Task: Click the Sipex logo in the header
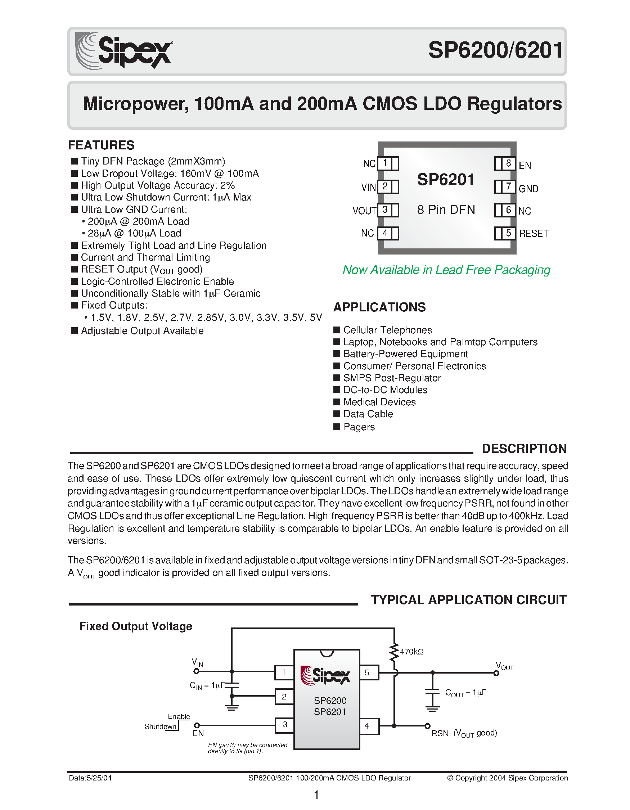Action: click(x=123, y=51)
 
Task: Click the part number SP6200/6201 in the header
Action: click(x=495, y=50)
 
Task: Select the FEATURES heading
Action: click(x=101, y=145)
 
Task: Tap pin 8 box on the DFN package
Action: click(x=508, y=163)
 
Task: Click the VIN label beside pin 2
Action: click(x=368, y=187)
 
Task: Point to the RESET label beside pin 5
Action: click(x=534, y=233)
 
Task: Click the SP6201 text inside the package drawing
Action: click(x=446, y=180)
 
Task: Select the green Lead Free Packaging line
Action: click(x=446, y=270)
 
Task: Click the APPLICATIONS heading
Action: click(x=379, y=307)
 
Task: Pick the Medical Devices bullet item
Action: click(x=379, y=402)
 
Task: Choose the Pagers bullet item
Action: click(x=359, y=427)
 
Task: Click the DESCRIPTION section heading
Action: click(x=524, y=449)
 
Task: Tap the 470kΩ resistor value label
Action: click(x=411, y=652)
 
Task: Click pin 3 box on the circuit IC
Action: click(x=284, y=725)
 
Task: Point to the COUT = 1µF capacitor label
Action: click(x=465, y=693)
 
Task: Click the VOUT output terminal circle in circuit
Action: click(x=496, y=673)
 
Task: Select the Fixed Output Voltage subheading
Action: click(x=136, y=626)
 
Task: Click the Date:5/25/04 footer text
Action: click(x=90, y=778)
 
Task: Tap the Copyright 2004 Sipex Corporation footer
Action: click(x=507, y=778)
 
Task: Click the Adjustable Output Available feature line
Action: click(x=142, y=331)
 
